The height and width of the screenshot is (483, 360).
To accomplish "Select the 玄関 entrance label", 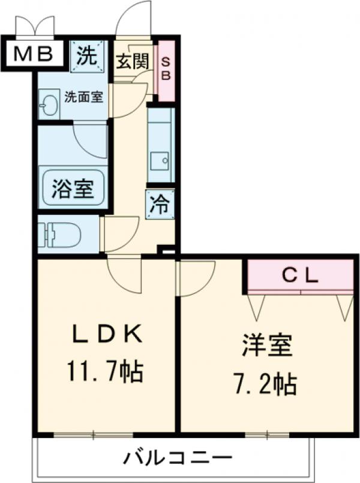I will (132, 60).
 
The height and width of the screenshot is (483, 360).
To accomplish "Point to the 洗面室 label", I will (85, 96).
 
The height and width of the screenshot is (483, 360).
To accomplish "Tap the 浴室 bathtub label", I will (72, 189).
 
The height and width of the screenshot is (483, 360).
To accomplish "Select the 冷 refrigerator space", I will (160, 204).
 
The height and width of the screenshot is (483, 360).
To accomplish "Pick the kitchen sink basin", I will (160, 161).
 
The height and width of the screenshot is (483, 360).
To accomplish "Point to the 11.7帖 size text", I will (106, 372).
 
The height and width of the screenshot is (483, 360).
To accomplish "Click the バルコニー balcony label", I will (178, 459).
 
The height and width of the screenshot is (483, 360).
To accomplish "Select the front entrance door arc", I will (133, 21).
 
